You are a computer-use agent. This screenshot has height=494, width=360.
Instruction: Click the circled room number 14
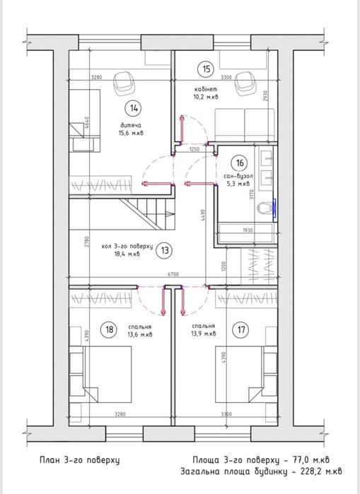(134, 108)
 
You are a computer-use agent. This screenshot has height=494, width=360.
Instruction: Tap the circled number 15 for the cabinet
(206, 69)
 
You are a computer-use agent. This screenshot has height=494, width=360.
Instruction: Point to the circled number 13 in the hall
(164, 249)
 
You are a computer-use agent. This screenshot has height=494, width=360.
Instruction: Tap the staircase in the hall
(146, 211)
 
